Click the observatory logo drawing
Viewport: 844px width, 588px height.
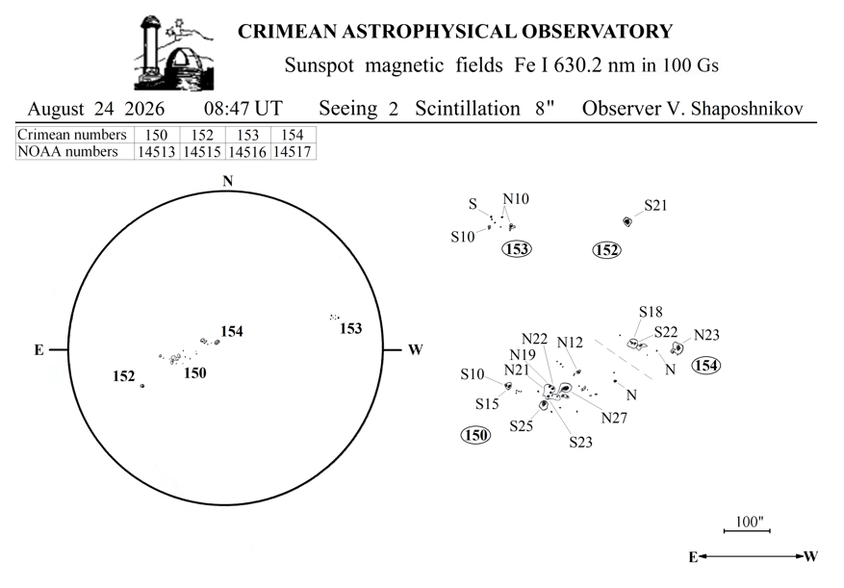tap(173, 53)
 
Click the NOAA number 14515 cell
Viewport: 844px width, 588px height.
tap(202, 152)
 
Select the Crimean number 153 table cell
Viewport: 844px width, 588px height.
tap(247, 135)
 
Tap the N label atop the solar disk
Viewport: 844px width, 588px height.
tap(228, 181)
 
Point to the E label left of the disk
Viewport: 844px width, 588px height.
tap(39, 350)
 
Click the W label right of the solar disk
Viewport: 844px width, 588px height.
tap(415, 350)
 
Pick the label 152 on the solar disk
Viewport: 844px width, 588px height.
tap(124, 376)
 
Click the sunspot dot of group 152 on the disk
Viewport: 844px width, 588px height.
tap(142, 386)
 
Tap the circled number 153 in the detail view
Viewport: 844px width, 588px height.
tap(517, 248)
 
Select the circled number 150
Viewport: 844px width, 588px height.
tap(475, 435)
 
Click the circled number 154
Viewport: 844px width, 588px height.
tap(706, 366)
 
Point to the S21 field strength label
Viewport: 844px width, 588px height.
tap(655, 205)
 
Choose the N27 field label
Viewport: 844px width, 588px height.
tap(614, 418)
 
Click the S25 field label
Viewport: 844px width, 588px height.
tap(521, 426)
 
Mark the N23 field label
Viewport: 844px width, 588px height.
tap(706, 335)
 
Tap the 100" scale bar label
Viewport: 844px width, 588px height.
tap(750, 522)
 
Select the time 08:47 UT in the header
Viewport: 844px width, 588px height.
tap(243, 109)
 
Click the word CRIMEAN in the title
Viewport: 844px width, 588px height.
tap(288, 31)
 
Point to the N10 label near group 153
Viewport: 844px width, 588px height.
tap(516, 198)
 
